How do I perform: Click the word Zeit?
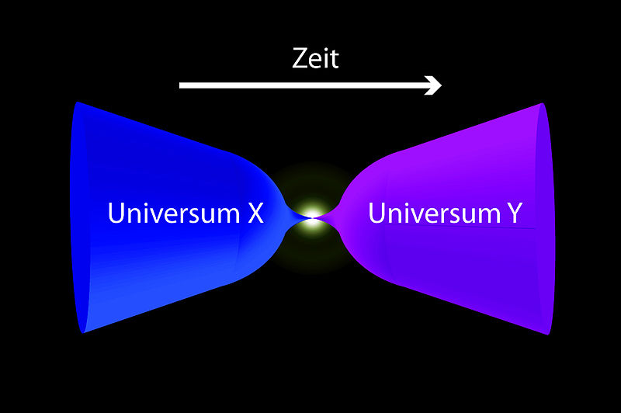(x=315, y=58)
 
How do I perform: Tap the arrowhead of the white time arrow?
(x=433, y=85)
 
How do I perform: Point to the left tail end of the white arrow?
(x=180, y=85)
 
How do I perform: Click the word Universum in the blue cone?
(x=173, y=213)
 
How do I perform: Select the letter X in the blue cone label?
(x=256, y=213)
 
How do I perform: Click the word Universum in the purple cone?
(x=435, y=213)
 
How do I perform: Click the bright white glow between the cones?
(x=313, y=217)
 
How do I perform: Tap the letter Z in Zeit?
(x=299, y=58)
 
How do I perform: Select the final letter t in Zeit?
(x=335, y=59)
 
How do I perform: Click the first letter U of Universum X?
(x=115, y=213)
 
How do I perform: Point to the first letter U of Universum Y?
(x=376, y=213)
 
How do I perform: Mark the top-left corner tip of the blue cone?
(x=77, y=102)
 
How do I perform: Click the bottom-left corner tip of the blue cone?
(x=83, y=331)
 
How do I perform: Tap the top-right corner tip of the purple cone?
(x=542, y=104)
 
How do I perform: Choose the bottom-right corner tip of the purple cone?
(x=549, y=334)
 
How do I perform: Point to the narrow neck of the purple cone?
(x=328, y=216)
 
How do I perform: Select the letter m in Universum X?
(x=228, y=216)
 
